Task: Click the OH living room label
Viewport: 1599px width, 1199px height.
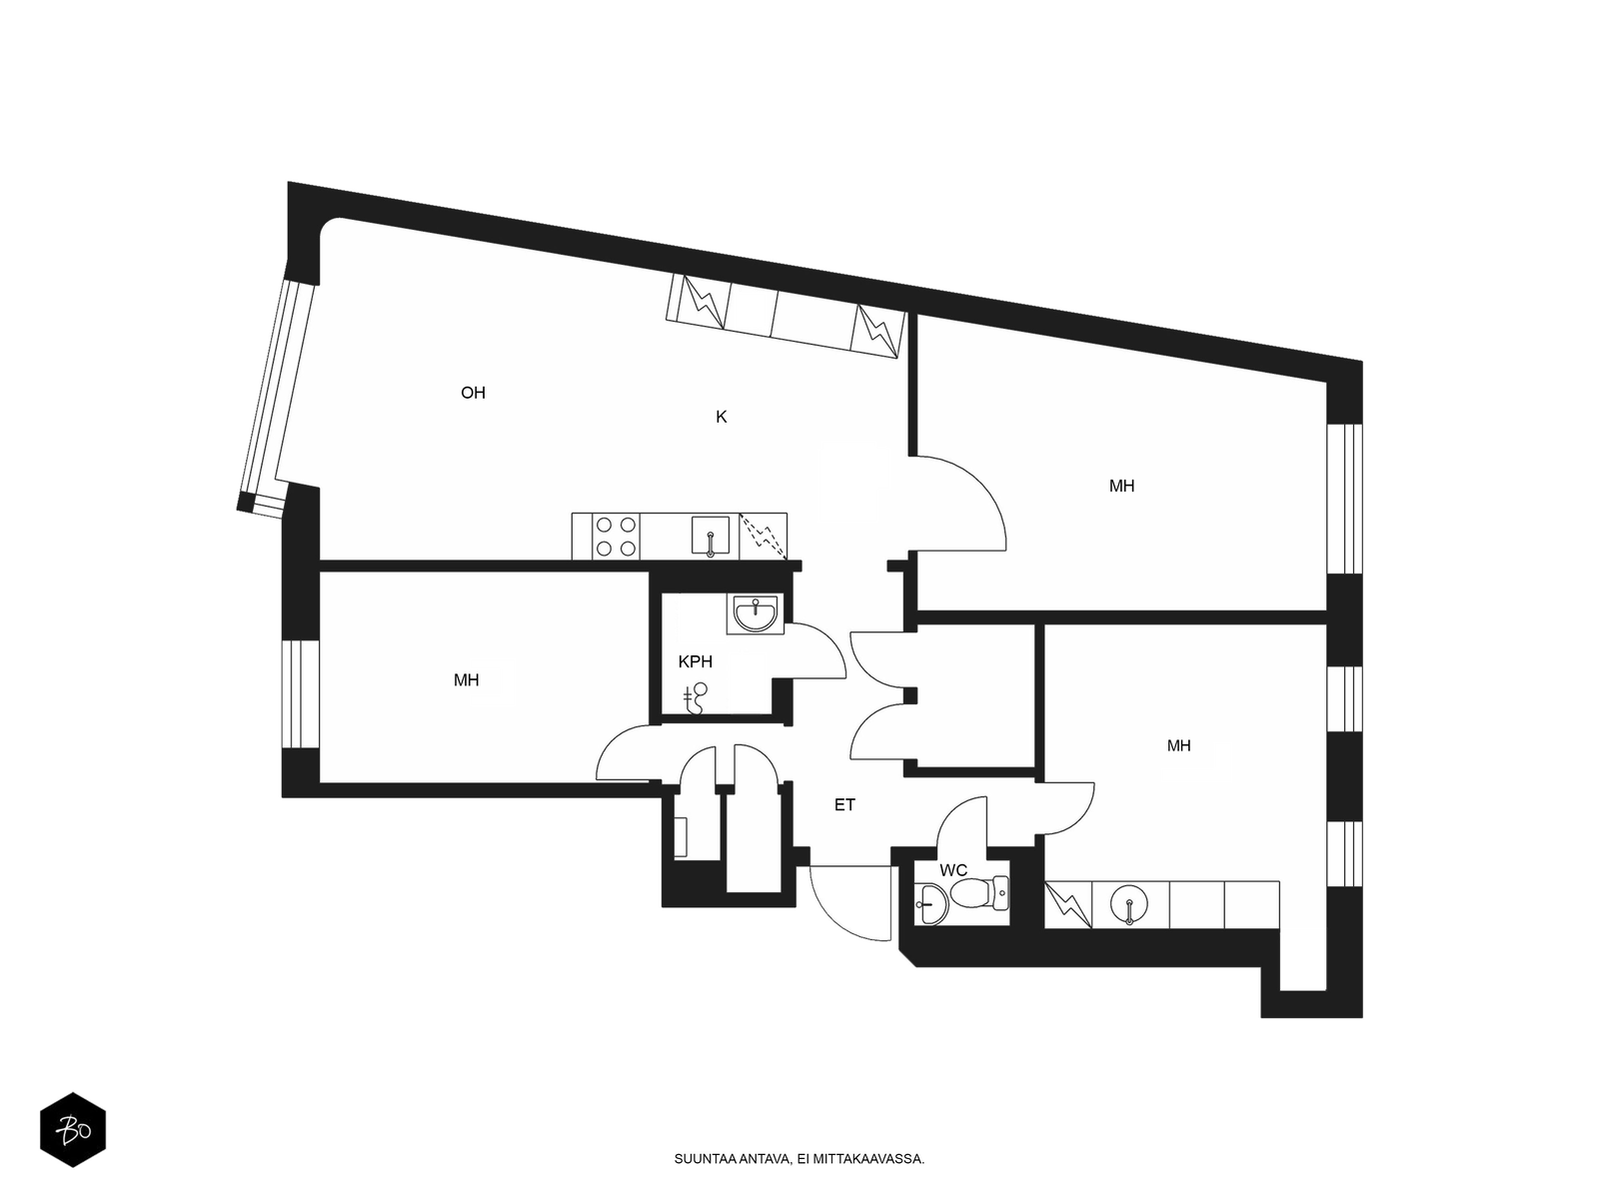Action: [473, 393]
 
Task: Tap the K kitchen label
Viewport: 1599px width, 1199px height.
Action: [722, 417]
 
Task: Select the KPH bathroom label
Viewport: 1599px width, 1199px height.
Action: [695, 661]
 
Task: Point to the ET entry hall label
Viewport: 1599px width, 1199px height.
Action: [844, 804]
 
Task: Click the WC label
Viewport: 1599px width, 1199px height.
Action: [952, 870]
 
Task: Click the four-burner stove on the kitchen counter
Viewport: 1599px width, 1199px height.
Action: [616, 537]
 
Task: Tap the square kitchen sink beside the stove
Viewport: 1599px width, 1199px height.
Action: [710, 536]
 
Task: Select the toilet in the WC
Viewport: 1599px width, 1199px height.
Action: [980, 894]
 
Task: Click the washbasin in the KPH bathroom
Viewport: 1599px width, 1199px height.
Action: [757, 612]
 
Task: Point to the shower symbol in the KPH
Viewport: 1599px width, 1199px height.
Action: [696, 698]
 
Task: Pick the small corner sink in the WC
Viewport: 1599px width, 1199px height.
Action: [932, 903]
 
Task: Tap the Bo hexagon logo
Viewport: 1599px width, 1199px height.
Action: [73, 1131]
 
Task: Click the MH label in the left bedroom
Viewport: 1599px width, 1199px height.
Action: [467, 680]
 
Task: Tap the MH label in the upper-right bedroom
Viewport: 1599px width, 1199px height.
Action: [1122, 486]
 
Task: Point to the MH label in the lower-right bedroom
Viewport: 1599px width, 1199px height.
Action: [1178, 745]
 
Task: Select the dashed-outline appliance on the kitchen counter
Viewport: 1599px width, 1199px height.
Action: [763, 537]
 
